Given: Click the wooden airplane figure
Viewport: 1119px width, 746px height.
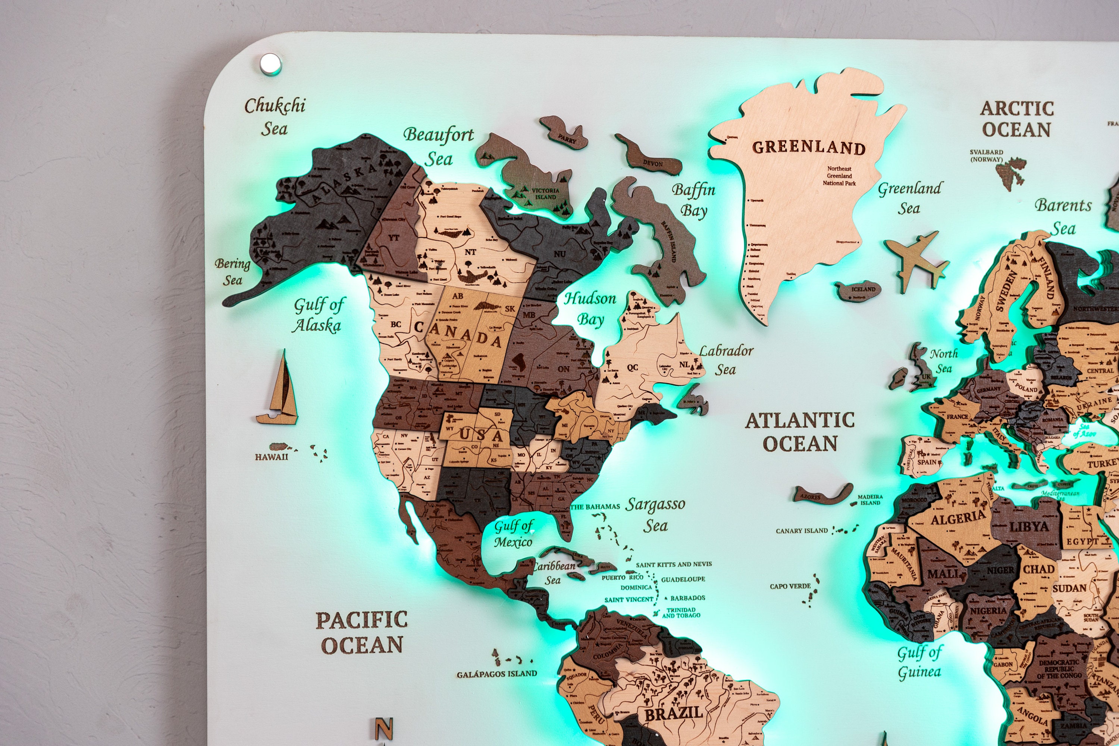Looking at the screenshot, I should point(916,261).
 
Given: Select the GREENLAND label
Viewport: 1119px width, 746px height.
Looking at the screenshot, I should point(808,148).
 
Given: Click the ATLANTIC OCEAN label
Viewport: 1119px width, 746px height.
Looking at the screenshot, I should point(800,432).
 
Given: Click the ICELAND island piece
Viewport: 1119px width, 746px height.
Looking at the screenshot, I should point(858,291).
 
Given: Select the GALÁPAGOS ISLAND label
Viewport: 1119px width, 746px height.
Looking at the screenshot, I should point(497,674).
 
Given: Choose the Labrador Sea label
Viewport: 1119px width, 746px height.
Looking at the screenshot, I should point(725,360).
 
